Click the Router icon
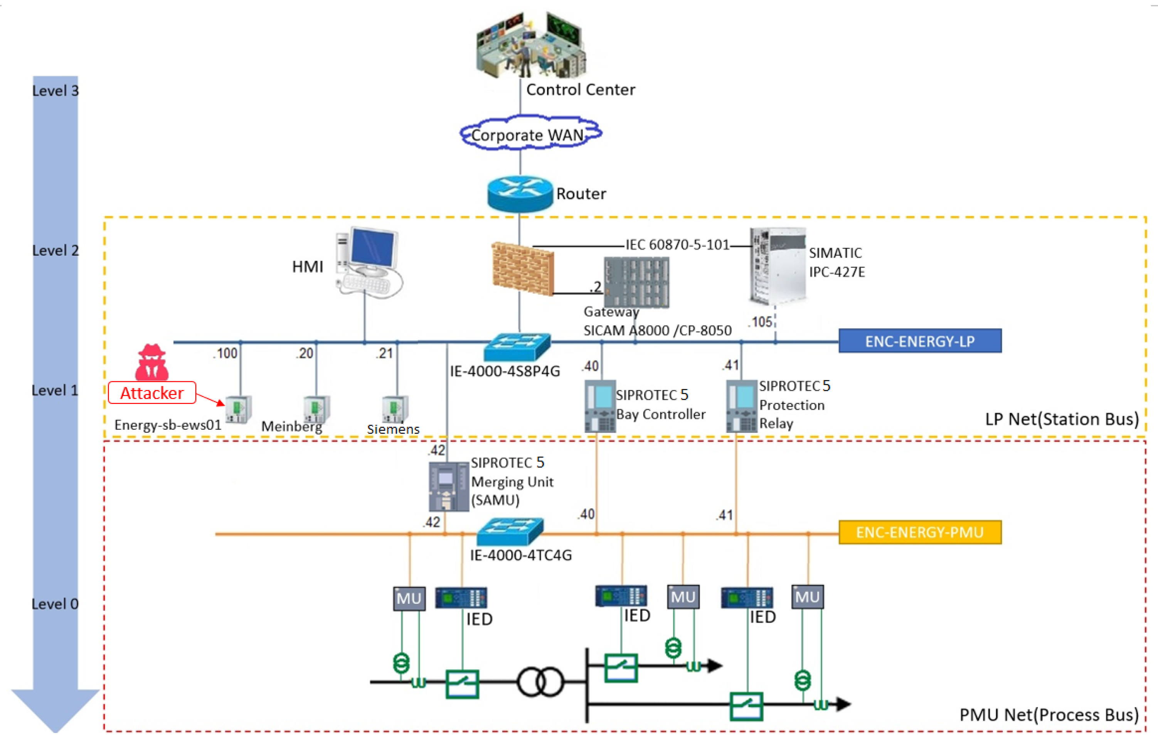click(520, 194)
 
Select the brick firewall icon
click(522, 269)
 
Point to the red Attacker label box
click(152, 393)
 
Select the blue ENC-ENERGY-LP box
click(919, 341)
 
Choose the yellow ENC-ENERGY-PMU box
click(919, 532)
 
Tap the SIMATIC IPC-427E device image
click(777, 266)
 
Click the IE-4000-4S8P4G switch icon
click(517, 347)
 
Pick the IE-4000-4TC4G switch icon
click(510, 532)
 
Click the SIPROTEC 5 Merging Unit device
click(448, 487)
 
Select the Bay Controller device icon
click(599, 406)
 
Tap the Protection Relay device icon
click(741, 406)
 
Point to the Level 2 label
click(55, 251)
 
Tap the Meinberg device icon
click(316, 409)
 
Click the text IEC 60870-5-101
click(677, 245)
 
